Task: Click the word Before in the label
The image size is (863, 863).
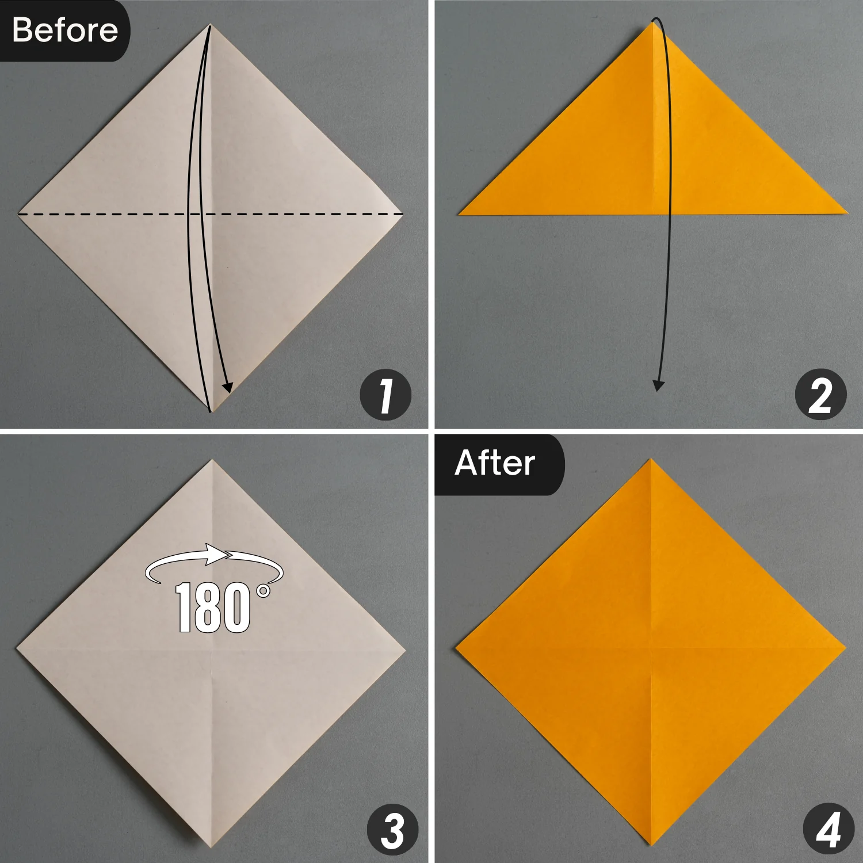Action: tap(64, 30)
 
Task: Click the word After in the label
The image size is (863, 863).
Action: tap(495, 463)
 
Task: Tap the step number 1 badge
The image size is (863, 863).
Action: tap(385, 395)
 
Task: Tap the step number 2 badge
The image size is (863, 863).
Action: tap(820, 395)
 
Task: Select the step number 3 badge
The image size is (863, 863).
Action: tap(392, 830)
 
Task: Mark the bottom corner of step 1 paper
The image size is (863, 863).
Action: tap(211, 412)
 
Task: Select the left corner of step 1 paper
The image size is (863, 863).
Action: tap(18, 214)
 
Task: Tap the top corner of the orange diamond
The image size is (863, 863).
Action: tap(651, 459)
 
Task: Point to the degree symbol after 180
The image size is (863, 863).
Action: tap(264, 591)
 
